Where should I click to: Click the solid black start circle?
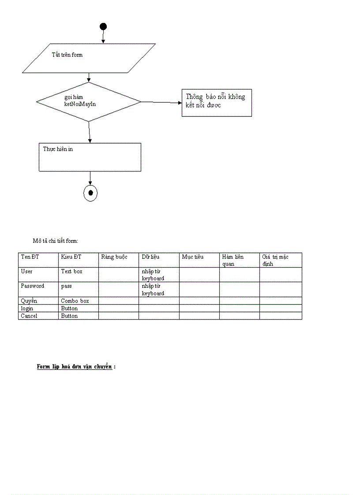tap(103, 26)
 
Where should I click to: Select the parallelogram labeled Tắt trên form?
tap(89, 58)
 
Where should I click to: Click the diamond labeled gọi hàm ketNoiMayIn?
tap(88, 101)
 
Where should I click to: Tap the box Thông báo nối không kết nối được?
tap(217, 102)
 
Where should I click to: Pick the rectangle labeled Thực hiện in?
tap(90, 157)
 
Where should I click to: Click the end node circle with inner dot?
tap(90, 193)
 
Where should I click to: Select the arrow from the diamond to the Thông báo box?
tap(161, 102)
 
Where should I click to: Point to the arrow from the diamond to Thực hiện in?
tap(90, 132)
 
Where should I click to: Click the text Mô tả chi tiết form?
tap(55, 241)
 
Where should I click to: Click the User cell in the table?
tap(27, 272)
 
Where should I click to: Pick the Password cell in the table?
tap(33, 286)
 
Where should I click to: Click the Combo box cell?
tap(75, 301)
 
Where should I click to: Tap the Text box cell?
tap(71, 272)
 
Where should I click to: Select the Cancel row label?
tap(29, 316)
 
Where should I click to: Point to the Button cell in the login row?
tap(69, 309)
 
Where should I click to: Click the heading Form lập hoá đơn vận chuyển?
tap(75, 367)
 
